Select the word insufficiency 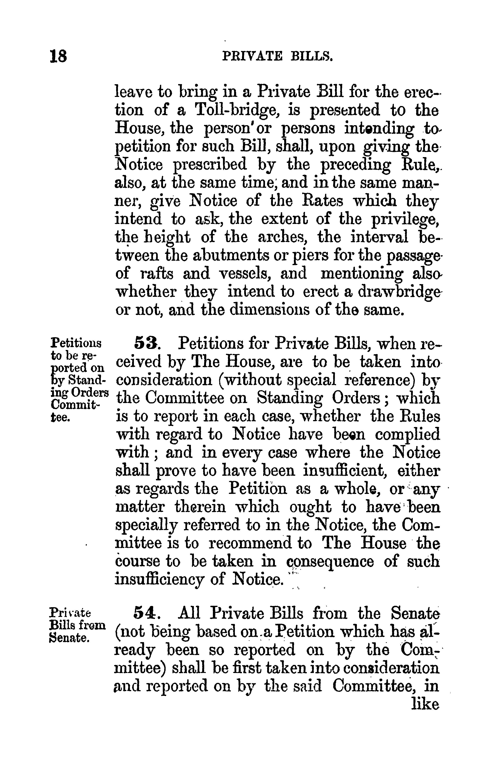pos(160,579)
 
